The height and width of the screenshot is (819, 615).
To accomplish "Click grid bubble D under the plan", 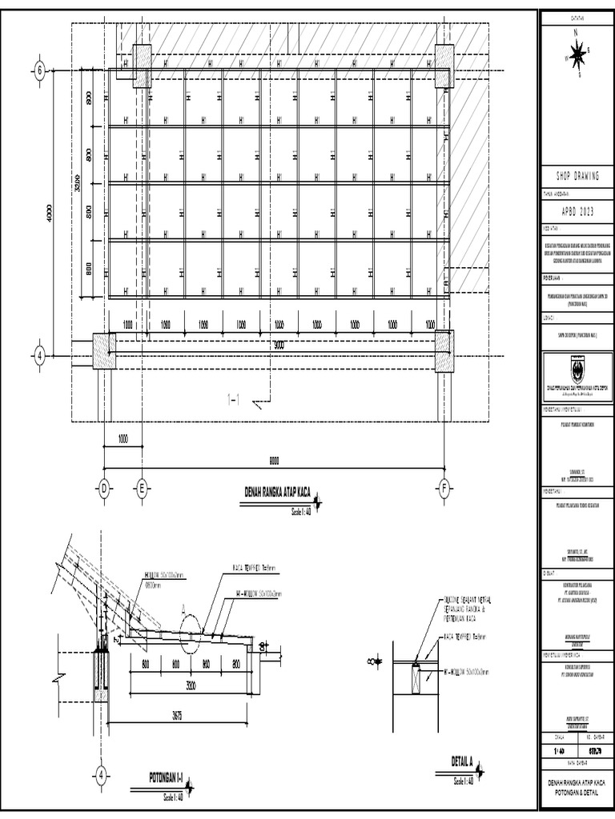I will pyautogui.click(x=103, y=489).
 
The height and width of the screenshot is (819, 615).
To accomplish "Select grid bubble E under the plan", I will pyautogui.click(x=141, y=489).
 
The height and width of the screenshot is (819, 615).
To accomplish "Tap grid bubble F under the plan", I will pyautogui.click(x=444, y=489).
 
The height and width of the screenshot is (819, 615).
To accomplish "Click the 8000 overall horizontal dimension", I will pyautogui.click(x=274, y=460).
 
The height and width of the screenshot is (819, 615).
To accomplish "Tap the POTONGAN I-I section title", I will pyautogui.click(x=167, y=777).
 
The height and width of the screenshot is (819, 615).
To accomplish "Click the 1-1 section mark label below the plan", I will pyautogui.click(x=234, y=401).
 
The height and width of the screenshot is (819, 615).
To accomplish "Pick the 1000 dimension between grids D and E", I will pyautogui.click(x=123, y=439).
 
